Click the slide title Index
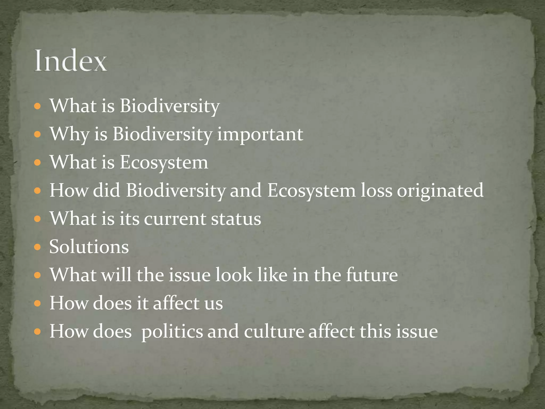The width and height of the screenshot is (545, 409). pos(71,61)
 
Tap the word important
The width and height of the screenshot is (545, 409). pos(260,134)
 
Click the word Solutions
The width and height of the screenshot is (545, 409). pos(89,247)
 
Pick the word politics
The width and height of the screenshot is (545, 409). pos(172,332)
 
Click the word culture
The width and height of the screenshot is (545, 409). pos(274,332)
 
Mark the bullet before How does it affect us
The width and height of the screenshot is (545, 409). pos(38,304)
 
